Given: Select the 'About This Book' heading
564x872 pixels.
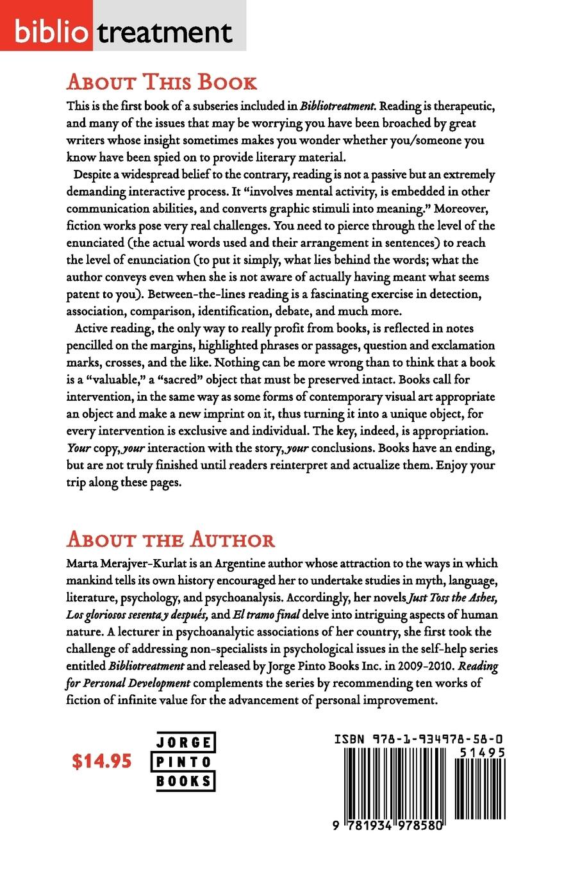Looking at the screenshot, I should tap(162, 83).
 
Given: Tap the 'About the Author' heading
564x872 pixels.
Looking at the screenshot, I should tap(170, 539).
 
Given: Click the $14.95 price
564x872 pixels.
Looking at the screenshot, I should tap(102, 761).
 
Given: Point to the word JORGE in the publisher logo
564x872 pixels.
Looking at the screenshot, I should tap(185, 743).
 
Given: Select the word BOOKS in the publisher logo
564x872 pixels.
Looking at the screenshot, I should tap(185, 781).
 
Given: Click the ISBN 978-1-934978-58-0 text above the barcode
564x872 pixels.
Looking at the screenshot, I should tap(418, 739).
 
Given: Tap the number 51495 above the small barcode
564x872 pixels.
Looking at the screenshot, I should tap(482, 753).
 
